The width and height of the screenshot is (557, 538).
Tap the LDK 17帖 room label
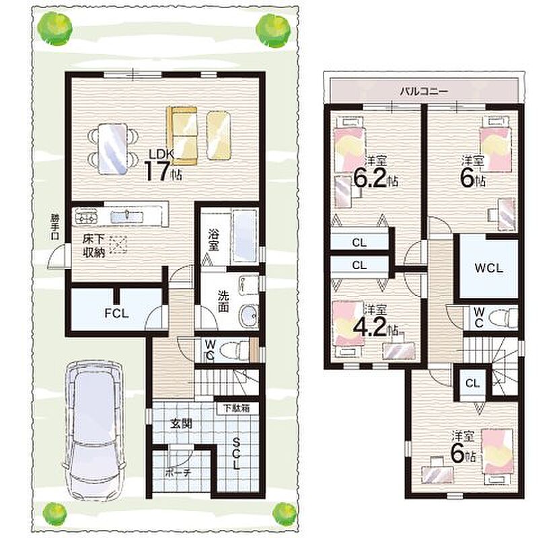pyautogui.click(x=163, y=165)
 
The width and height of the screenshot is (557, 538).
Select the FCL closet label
pyautogui.click(x=116, y=313)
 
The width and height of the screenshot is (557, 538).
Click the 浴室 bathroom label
pyautogui.click(x=213, y=240)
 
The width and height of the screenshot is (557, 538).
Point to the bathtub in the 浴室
pyautogui.click(x=245, y=237)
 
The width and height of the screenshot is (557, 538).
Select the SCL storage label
pyautogui.click(x=236, y=453)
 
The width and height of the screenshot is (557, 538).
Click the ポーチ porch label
pyautogui.click(x=178, y=473)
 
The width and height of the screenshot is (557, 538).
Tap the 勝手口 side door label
pyautogui.click(x=54, y=227)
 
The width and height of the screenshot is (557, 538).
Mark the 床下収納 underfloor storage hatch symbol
pyautogui.click(x=118, y=244)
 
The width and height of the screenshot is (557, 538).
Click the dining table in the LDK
pyautogui.click(x=112, y=149)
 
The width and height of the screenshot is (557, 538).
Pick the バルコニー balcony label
pyautogui.click(x=424, y=91)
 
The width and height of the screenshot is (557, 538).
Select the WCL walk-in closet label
pyautogui.click(x=489, y=268)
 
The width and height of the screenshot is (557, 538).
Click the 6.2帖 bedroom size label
pyautogui.click(x=375, y=179)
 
